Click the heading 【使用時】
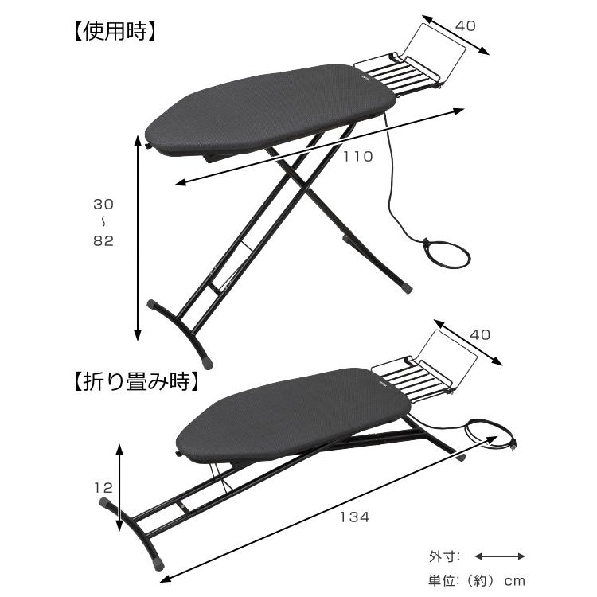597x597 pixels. click(x=113, y=32)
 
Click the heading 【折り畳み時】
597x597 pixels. click(x=136, y=381)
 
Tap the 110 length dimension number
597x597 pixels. click(x=358, y=157)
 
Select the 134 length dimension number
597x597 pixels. click(x=355, y=517)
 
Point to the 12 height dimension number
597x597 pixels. click(x=103, y=488)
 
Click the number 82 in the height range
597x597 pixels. click(x=103, y=240)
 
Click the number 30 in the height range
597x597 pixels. click(x=103, y=205)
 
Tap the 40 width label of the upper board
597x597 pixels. click(x=466, y=26)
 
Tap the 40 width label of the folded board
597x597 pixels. click(x=480, y=334)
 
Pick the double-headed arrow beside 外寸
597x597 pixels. click(x=500, y=556)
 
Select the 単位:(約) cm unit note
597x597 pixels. click(x=477, y=581)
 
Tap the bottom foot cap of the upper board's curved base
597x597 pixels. click(x=207, y=363)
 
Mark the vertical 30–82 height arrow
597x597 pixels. click(x=138, y=237)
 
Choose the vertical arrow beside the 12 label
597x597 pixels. click(x=119, y=487)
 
